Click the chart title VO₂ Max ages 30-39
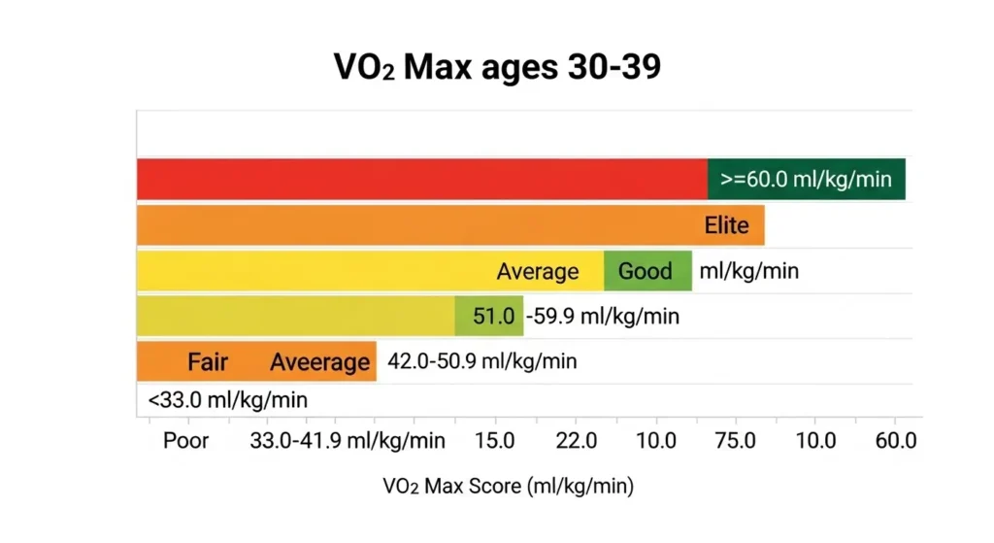[497, 67]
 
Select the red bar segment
[421, 180]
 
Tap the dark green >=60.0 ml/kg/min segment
[806, 180]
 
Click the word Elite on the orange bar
[726, 225]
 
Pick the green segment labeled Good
[646, 271]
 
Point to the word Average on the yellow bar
[537, 271]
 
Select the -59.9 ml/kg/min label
[602, 316]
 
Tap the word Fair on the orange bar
[208, 362]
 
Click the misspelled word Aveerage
[319, 362]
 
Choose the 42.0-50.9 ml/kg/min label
[481, 361]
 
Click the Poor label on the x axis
[185, 441]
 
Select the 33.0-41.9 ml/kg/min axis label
[348, 441]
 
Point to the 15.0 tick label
[494, 441]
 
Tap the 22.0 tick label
[576, 441]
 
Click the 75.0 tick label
[735, 441]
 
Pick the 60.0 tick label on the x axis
[895, 441]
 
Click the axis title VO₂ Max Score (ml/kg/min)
[508, 487]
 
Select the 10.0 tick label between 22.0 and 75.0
[656, 441]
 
